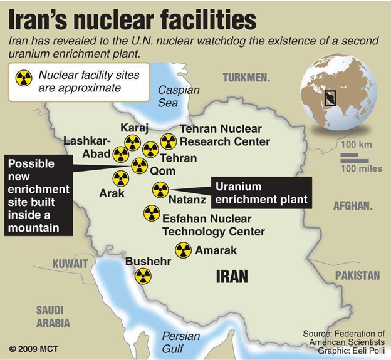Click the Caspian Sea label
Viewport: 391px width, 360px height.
179,96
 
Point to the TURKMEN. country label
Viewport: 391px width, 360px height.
246,78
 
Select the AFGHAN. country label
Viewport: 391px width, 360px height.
353,205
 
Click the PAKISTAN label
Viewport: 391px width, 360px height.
357,275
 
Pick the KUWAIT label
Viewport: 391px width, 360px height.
70,263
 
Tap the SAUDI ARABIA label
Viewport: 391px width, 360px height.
53,317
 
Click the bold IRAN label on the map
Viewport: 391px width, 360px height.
232,276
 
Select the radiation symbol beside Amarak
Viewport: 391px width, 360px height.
183,250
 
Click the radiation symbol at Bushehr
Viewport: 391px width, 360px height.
143,276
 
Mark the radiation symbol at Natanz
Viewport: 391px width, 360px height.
160,190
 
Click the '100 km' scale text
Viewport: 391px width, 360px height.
357,145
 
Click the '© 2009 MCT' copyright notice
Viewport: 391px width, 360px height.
33,347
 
